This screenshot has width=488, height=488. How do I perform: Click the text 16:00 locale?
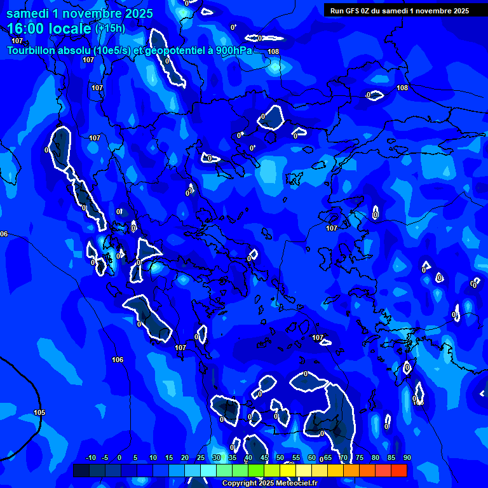coord(49,28)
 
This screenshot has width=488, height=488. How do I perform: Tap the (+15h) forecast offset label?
coord(110,28)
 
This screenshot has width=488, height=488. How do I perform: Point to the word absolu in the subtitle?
coord(72,50)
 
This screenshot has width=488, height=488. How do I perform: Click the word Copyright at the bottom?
coord(240,484)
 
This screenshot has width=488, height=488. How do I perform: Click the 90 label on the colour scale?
coord(407,457)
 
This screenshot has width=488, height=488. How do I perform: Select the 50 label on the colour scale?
coord(280,457)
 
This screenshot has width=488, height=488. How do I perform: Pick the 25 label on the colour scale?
coord(201,457)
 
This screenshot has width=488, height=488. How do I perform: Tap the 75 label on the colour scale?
coord(360,457)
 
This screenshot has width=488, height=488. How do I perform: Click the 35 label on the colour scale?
coord(233,457)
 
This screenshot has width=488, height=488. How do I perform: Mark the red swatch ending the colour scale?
coord(398,470)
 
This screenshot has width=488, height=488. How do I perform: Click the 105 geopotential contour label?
coord(39,412)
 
